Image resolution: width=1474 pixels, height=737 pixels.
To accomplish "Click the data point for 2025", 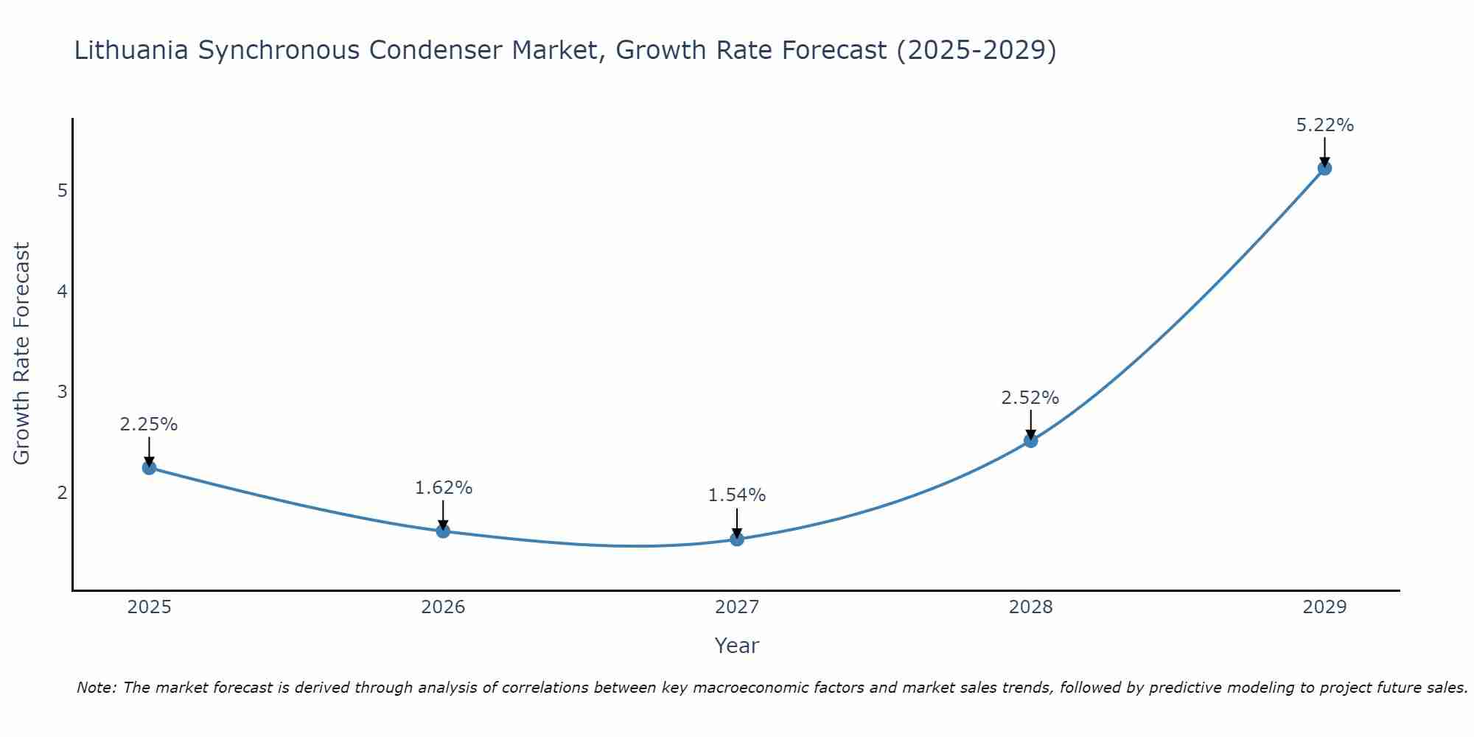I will (149, 467).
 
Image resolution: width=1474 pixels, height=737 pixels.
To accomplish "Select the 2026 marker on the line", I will (443, 531).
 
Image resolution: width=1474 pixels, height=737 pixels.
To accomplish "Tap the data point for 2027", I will (737, 539).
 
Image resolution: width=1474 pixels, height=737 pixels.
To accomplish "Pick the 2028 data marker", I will (1030, 441).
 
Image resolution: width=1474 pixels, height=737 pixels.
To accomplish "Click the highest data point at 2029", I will (1324, 168).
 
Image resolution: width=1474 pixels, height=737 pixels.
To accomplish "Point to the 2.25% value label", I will (149, 425).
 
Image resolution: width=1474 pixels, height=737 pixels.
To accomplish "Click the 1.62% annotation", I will (443, 488).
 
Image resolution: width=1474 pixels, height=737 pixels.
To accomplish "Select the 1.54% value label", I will (737, 495).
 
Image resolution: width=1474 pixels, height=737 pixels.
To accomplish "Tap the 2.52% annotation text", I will (1030, 398).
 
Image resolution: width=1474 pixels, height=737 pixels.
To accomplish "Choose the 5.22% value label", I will (1324, 125).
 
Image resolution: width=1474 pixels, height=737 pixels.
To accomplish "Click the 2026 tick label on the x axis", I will (443, 607).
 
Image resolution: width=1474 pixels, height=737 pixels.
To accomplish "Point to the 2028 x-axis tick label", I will (1030, 607).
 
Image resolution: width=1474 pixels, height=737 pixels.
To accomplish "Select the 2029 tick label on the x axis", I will (1324, 607).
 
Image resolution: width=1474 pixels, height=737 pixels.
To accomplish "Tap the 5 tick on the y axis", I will (62, 191).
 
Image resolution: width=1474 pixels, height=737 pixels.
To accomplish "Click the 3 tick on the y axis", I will (62, 391).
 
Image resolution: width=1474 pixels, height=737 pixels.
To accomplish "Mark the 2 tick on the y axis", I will (62, 492).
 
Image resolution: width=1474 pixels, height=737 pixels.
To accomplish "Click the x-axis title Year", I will (737, 646).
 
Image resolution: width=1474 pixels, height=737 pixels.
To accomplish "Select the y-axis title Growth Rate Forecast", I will (22, 354).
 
